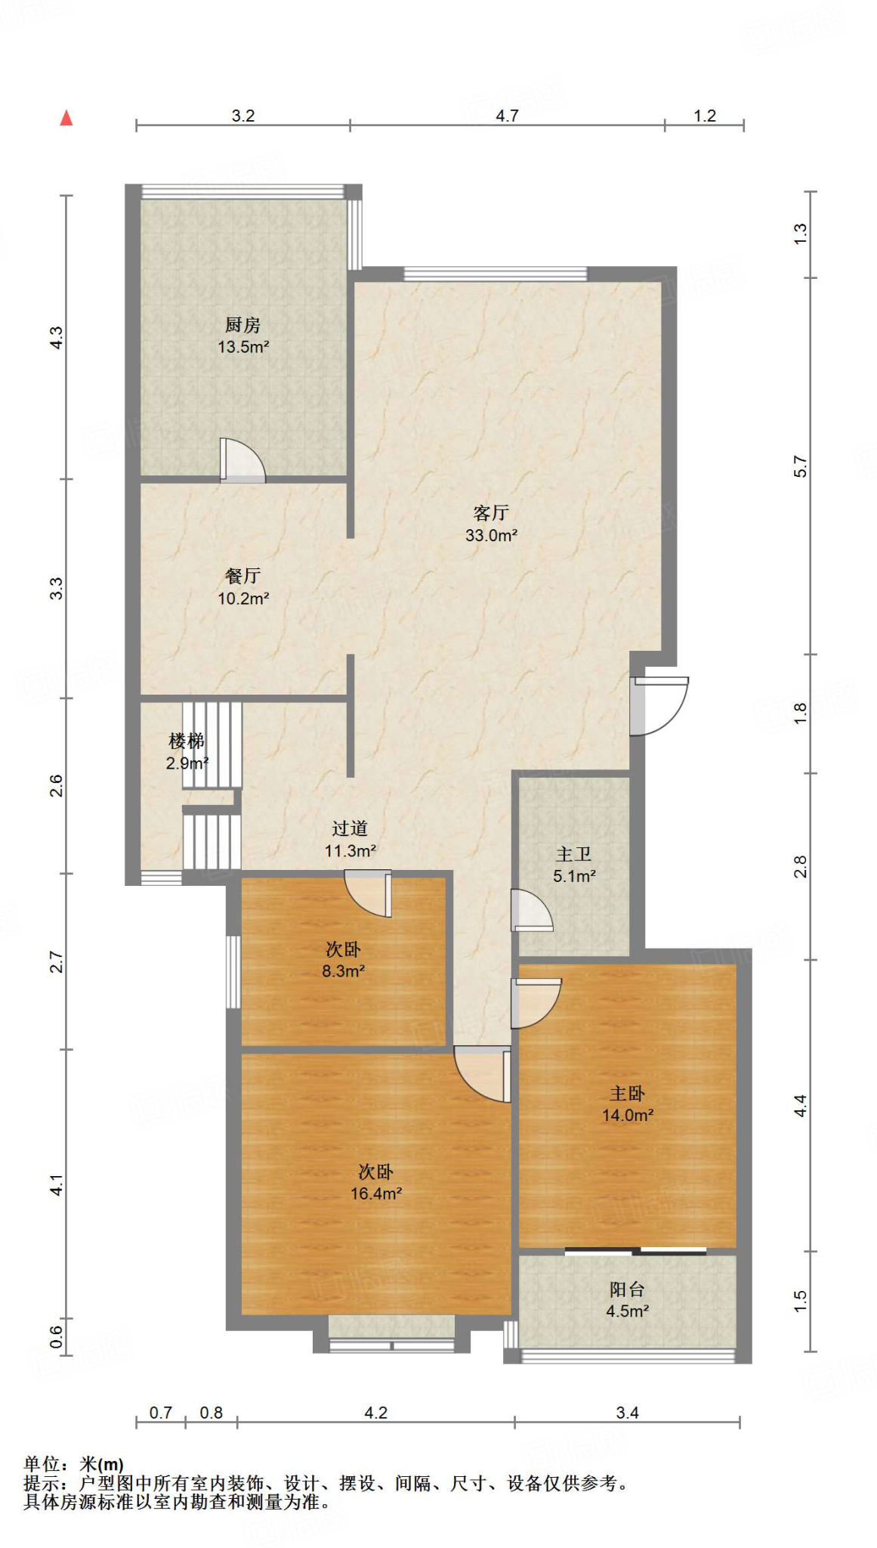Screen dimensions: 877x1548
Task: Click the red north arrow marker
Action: click(x=66, y=117)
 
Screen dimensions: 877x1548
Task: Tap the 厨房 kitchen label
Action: click(x=242, y=325)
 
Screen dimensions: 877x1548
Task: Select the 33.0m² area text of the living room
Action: click(x=492, y=536)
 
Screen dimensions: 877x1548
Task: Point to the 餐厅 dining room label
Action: click(x=242, y=576)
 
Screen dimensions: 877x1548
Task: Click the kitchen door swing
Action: click(x=242, y=460)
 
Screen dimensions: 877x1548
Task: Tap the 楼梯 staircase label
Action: click(x=187, y=741)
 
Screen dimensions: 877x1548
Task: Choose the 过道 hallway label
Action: click(x=350, y=828)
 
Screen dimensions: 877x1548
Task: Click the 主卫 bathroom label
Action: click(x=574, y=854)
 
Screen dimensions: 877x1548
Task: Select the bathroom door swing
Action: click(x=532, y=910)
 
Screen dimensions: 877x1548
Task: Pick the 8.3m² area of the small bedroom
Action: click(x=344, y=971)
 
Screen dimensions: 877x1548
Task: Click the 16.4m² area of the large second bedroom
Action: click(x=376, y=1194)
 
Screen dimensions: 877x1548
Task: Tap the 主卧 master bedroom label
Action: click(x=628, y=1093)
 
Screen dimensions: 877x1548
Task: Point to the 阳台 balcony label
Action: click(x=628, y=1289)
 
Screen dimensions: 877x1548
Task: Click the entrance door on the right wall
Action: click(x=659, y=706)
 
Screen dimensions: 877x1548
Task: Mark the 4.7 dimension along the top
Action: click(x=507, y=116)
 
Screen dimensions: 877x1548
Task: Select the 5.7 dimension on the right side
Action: click(x=801, y=466)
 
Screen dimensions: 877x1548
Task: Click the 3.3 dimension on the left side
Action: click(x=57, y=588)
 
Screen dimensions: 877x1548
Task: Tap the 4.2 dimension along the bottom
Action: click(x=376, y=1413)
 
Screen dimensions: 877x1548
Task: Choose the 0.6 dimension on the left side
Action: click(x=57, y=1337)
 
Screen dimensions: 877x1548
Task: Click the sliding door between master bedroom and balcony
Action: click(x=635, y=1251)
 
